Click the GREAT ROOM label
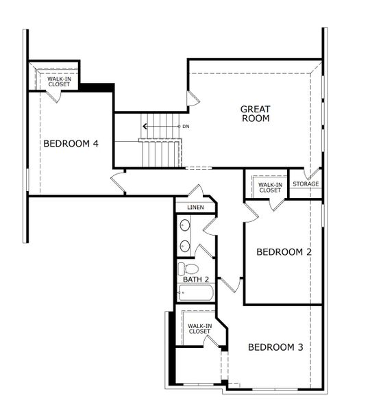255,114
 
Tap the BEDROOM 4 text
71,144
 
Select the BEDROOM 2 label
284,252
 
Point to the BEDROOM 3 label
275,347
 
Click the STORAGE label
306,184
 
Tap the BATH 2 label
196,279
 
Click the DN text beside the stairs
186,127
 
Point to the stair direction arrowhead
145,126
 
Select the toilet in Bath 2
188,269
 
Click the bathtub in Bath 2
196,293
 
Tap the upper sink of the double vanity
185,225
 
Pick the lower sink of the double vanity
185,245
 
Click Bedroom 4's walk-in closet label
59,82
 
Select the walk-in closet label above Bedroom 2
269,186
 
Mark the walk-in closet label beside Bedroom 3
199,329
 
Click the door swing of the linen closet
197,191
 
